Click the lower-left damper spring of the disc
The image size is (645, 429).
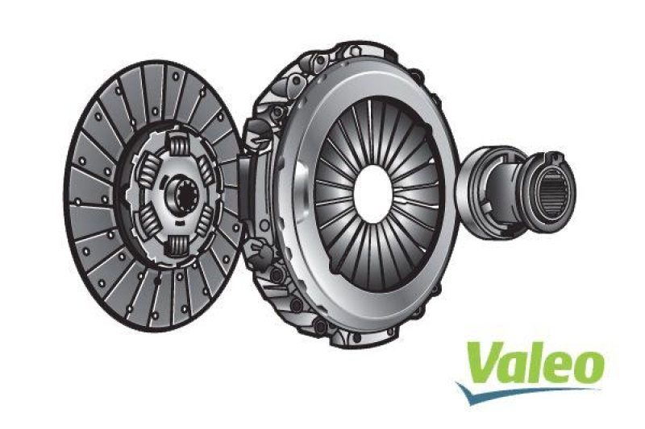pos(148,222)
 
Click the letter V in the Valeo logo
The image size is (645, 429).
pos(483,363)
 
